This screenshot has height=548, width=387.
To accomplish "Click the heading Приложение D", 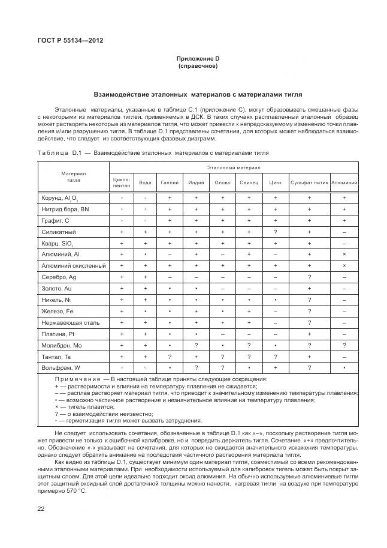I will click(x=198, y=58).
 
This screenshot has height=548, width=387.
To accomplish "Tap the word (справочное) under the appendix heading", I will click(x=198, y=65).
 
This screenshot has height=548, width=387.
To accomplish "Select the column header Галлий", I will click(x=170, y=182).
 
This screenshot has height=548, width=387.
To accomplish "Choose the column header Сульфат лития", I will click(x=309, y=182).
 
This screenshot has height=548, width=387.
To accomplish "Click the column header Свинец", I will click(x=249, y=182).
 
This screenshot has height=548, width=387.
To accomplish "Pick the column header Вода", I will click(x=145, y=182).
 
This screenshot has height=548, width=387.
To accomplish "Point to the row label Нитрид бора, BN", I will click(x=65, y=209).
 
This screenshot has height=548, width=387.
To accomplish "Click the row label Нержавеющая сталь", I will click(x=69, y=322).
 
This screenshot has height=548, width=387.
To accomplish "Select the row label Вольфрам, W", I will click(x=61, y=367).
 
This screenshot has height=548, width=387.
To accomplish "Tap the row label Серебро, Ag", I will click(x=59, y=277).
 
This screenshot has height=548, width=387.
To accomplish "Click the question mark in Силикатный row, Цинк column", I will click(x=276, y=232).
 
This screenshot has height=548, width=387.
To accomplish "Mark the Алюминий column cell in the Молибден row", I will click(x=344, y=345).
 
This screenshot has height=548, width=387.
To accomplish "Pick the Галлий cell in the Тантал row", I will click(x=170, y=357).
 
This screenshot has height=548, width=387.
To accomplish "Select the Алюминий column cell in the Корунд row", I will click(x=344, y=197).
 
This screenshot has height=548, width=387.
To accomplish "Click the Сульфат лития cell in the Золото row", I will click(x=309, y=288).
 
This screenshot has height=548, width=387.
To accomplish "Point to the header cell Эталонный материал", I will click(x=234, y=167).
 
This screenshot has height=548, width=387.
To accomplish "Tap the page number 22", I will click(x=40, y=508).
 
